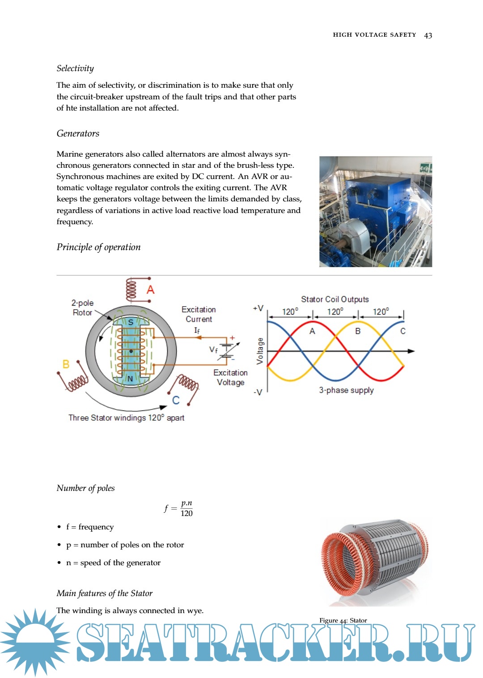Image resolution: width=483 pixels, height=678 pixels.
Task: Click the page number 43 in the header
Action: click(x=428, y=35)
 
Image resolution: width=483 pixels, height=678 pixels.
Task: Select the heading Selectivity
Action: click(x=75, y=68)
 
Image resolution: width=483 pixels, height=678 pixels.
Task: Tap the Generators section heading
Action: click(x=78, y=133)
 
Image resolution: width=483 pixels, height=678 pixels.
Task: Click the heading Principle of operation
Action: click(x=98, y=247)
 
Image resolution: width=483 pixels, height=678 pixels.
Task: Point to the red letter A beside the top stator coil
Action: click(x=151, y=290)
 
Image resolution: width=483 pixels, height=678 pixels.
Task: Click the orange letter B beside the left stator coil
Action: click(x=66, y=364)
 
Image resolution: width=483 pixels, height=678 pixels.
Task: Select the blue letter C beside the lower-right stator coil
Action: click(x=176, y=400)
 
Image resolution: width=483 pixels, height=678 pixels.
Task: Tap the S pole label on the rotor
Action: click(x=131, y=322)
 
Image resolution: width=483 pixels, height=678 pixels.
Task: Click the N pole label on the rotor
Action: click(x=130, y=379)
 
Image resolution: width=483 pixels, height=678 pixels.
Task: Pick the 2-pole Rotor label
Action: click(x=83, y=307)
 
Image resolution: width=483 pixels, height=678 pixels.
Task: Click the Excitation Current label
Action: click(x=199, y=314)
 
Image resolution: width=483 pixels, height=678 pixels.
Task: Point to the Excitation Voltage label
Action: click(x=230, y=377)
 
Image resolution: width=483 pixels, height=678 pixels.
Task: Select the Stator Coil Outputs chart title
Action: click(x=335, y=299)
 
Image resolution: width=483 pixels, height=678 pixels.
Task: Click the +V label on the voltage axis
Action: click(x=258, y=308)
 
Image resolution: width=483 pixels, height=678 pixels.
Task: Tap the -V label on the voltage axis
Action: click(x=258, y=392)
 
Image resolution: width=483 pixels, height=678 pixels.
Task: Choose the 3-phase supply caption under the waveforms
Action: click(x=346, y=390)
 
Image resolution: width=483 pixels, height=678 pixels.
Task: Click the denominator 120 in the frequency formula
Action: click(x=186, y=513)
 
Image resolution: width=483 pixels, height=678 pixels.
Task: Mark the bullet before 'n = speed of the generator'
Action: click(x=59, y=563)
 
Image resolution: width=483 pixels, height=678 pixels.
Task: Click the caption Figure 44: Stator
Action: click(x=343, y=620)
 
